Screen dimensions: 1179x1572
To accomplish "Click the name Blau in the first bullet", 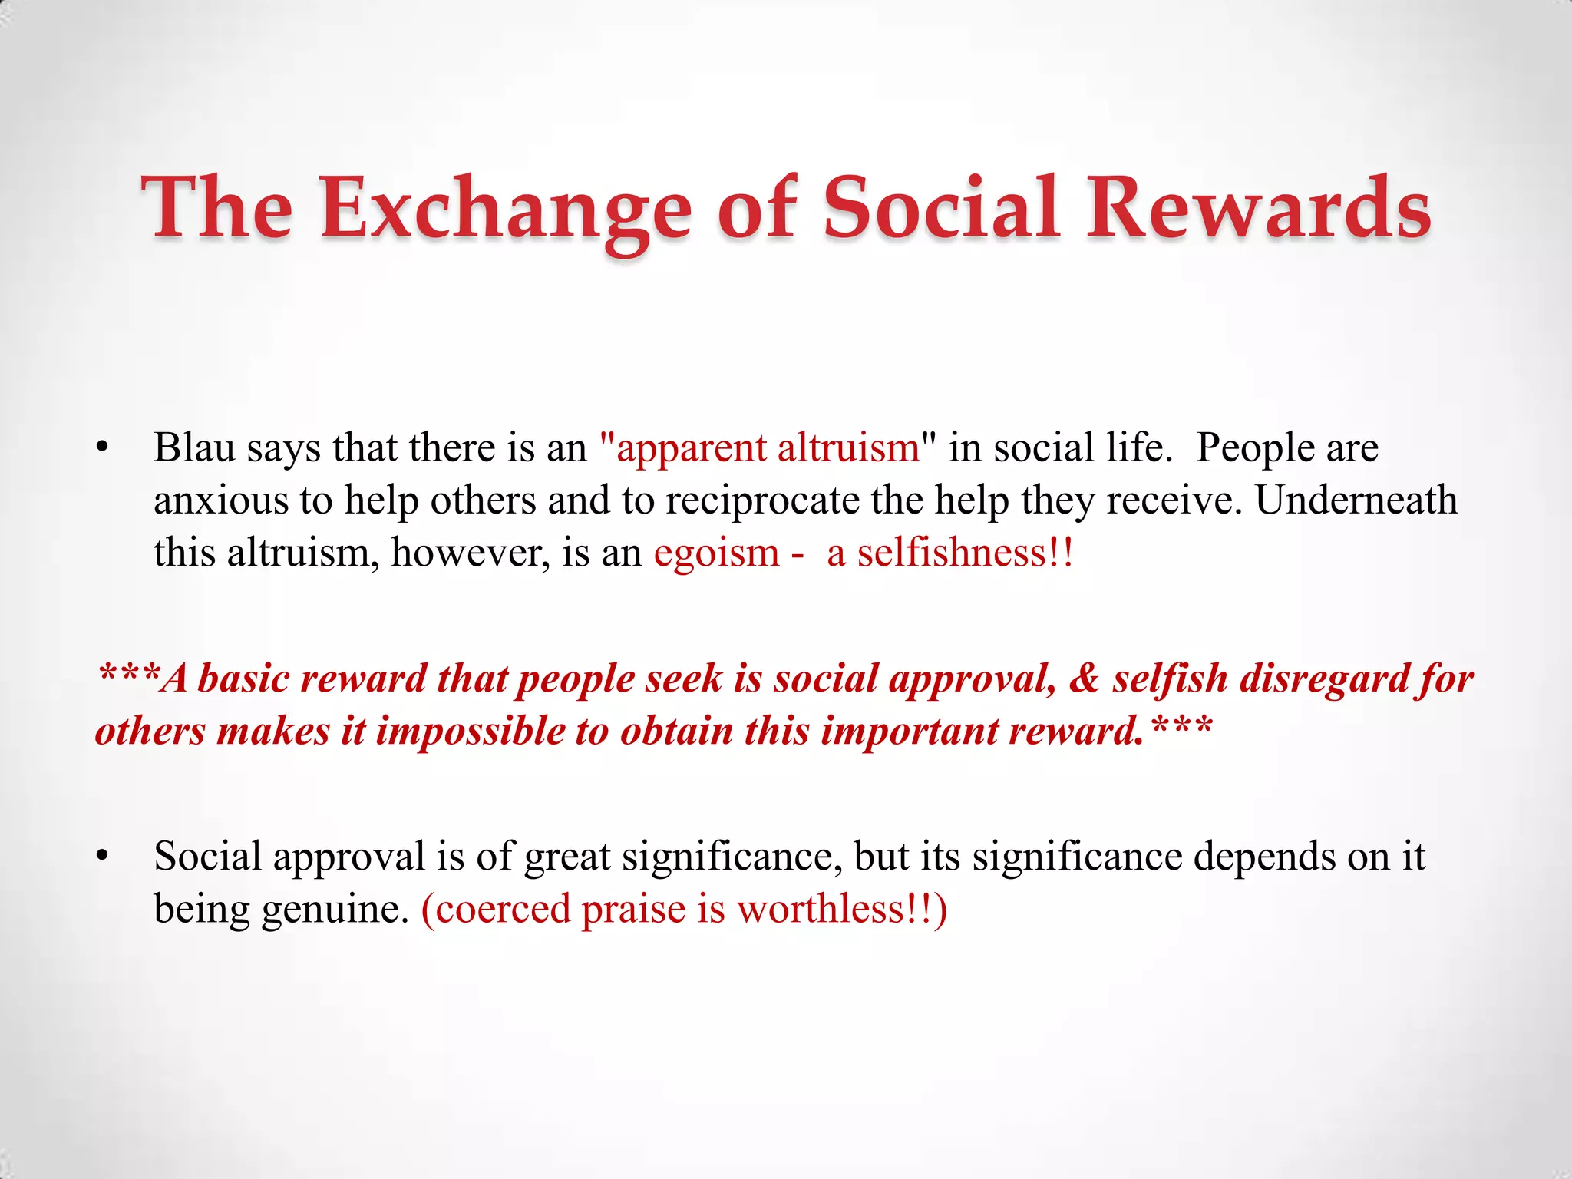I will pos(194,447).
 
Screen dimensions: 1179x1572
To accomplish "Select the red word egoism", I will pos(716,553).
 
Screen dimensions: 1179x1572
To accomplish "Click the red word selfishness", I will pos(952,553).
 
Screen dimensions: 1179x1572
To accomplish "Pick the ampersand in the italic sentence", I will pos(1084,679).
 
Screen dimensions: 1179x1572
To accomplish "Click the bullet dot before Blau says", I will pos(103,449).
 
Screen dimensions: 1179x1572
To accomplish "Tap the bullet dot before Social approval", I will pos(103,857).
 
